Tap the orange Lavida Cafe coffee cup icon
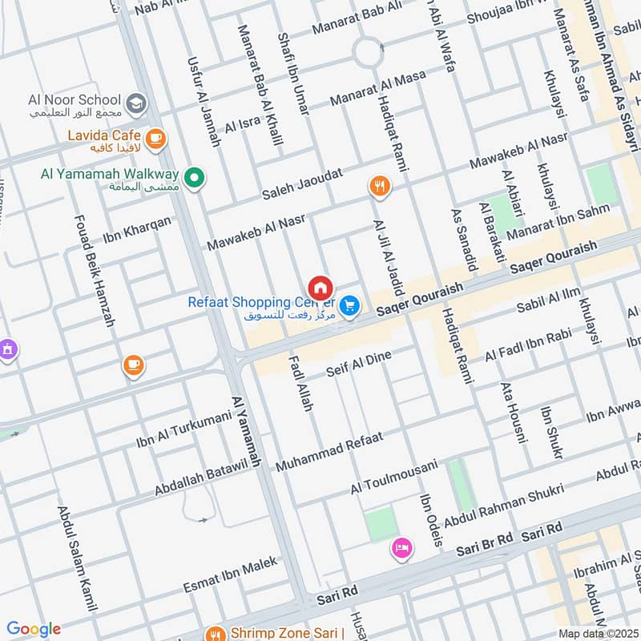click(x=155, y=138)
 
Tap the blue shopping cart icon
click(x=349, y=305)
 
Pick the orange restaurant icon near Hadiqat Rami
click(x=379, y=187)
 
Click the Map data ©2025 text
click(x=596, y=634)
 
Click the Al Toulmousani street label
click(x=393, y=477)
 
